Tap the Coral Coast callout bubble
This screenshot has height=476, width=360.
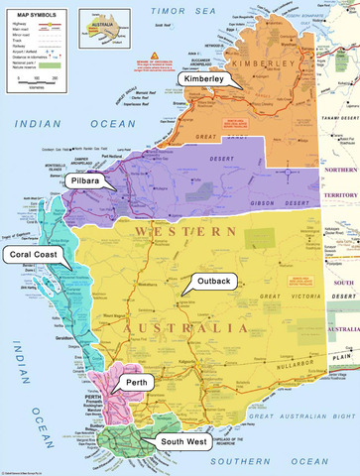coord(33,255)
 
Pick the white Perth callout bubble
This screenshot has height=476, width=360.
coord(136,382)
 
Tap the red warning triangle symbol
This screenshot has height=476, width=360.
coord(155,57)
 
